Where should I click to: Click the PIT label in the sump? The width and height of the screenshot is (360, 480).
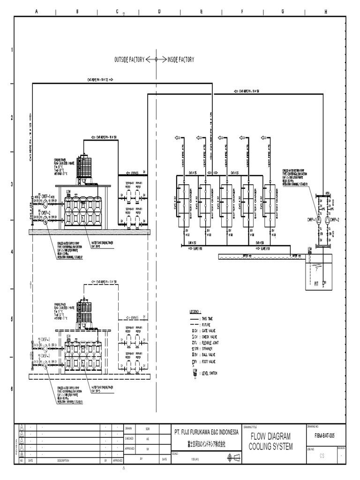[317, 284]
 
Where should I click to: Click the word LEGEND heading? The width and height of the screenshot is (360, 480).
[195, 311]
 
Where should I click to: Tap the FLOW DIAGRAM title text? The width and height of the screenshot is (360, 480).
[270, 436]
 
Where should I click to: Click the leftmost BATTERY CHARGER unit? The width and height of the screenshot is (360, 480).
[184, 204]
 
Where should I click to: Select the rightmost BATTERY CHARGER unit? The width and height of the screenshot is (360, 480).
[270, 204]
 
